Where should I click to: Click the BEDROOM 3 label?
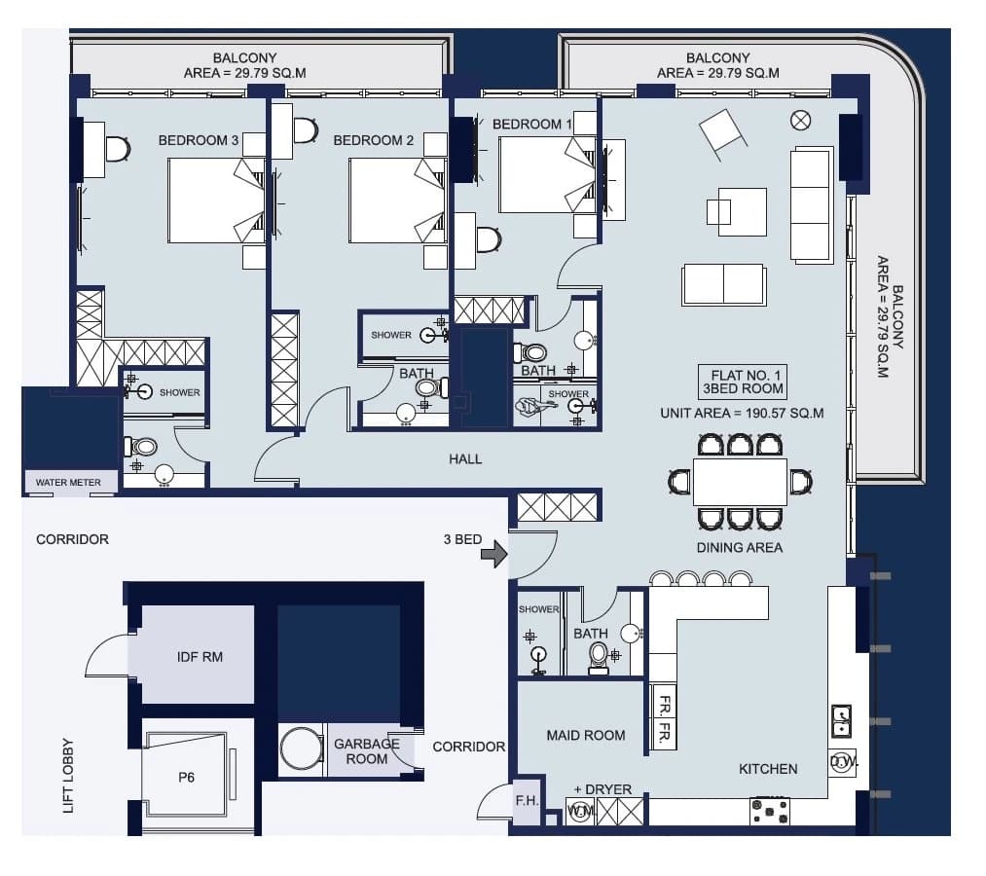click(x=199, y=140)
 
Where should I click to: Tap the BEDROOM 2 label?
click(x=374, y=140)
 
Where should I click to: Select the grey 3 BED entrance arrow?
click(x=494, y=554)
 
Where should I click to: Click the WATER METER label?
click(x=68, y=483)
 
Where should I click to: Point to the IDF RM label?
click(x=200, y=657)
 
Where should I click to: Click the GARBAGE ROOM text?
click(x=367, y=751)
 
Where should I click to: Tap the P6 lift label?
click(x=186, y=778)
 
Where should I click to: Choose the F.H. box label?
click(x=527, y=800)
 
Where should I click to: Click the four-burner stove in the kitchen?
click(x=770, y=811)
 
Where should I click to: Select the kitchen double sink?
click(x=841, y=720)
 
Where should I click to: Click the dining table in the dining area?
click(x=740, y=482)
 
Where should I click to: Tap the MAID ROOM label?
click(x=585, y=735)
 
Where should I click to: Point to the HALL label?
click(x=465, y=459)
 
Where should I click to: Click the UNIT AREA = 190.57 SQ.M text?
click(x=742, y=413)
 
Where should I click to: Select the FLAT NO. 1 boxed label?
click(x=743, y=382)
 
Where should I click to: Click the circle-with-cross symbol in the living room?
click(x=800, y=120)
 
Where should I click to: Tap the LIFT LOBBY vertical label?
click(x=68, y=776)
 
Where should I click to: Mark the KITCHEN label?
click(x=768, y=769)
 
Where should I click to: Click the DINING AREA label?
click(x=740, y=548)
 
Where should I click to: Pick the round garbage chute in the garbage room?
click(x=302, y=748)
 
